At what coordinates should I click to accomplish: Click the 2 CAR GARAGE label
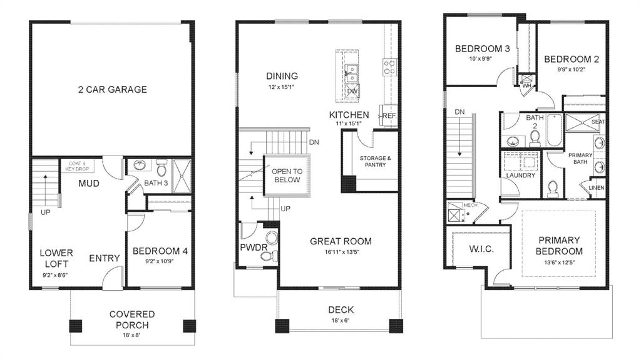tap(113, 90)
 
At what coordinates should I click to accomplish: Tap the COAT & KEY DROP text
tap(78, 166)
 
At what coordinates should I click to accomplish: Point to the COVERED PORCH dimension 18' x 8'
tap(132, 336)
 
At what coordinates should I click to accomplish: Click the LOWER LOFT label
tap(56, 258)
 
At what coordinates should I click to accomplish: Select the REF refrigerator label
tap(389, 117)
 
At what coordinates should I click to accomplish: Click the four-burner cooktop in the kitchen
tap(389, 66)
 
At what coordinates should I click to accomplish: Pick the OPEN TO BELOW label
tap(287, 175)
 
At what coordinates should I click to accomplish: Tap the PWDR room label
tap(254, 248)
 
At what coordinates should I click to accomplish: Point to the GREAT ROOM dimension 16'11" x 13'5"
tap(341, 253)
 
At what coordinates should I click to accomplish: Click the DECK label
tap(341, 310)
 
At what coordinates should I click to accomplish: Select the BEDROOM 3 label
tap(482, 49)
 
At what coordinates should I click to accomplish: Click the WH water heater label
tap(526, 86)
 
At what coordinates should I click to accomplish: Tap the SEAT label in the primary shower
tap(598, 122)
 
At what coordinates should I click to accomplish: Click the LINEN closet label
tap(596, 187)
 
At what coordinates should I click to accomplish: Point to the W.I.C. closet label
tap(481, 249)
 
